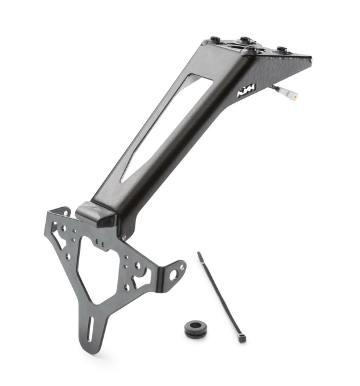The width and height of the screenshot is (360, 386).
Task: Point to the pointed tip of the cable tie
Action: tap(200, 253)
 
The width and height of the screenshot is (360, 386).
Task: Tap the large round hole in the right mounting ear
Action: tap(173, 275)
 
